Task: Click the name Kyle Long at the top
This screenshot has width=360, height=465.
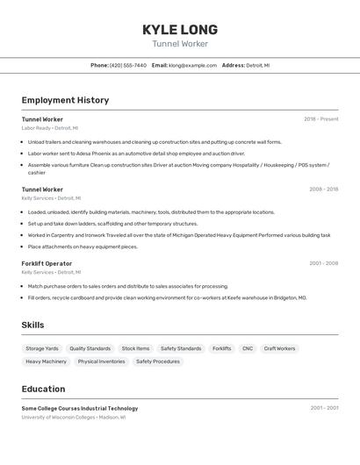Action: click(180, 30)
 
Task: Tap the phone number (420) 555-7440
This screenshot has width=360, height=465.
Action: click(128, 65)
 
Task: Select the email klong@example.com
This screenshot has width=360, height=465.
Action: click(192, 65)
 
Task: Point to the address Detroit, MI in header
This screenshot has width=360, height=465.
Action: click(257, 65)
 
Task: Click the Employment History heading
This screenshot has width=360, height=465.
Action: click(65, 100)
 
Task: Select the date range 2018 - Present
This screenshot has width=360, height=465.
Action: click(320, 119)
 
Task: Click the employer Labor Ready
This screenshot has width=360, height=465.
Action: click(36, 128)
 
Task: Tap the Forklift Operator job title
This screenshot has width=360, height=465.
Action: click(47, 263)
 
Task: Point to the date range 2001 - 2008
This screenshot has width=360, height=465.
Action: click(323, 263)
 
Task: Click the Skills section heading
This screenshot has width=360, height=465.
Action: click(32, 325)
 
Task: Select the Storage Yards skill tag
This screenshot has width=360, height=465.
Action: click(42, 348)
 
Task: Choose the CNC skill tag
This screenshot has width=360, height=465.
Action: click(248, 348)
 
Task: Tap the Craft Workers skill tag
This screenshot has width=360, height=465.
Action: click(279, 348)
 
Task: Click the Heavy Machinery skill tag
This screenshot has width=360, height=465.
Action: click(46, 361)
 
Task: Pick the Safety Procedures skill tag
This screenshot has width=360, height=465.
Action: click(158, 361)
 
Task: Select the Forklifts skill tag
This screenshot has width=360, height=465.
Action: click(221, 348)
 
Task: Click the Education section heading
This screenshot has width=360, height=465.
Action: click(43, 389)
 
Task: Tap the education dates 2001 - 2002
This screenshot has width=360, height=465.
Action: click(323, 408)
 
